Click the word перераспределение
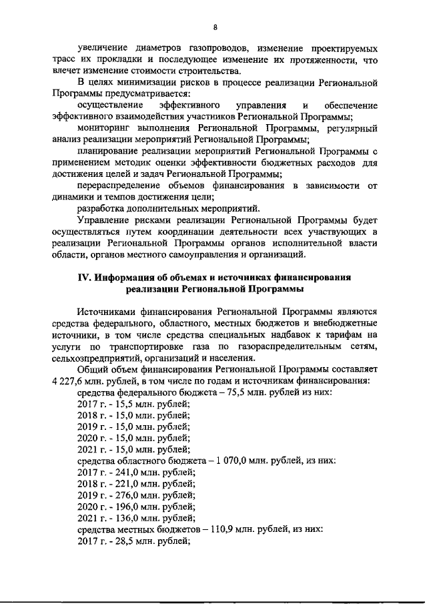[121, 185]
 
